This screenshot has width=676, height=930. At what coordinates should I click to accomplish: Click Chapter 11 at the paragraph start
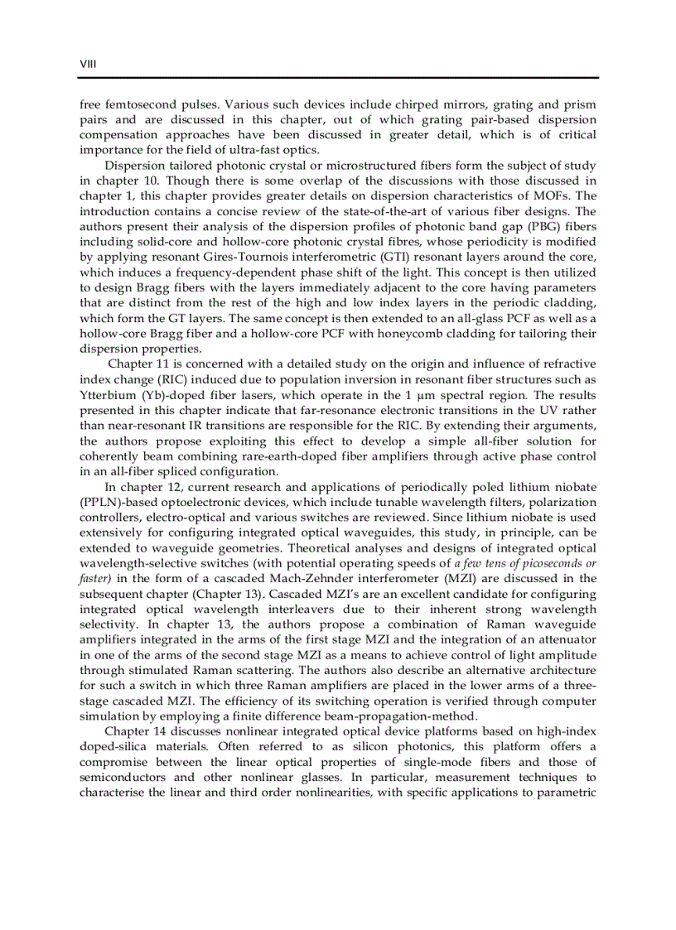139,365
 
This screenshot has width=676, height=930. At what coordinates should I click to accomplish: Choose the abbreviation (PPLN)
100,503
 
